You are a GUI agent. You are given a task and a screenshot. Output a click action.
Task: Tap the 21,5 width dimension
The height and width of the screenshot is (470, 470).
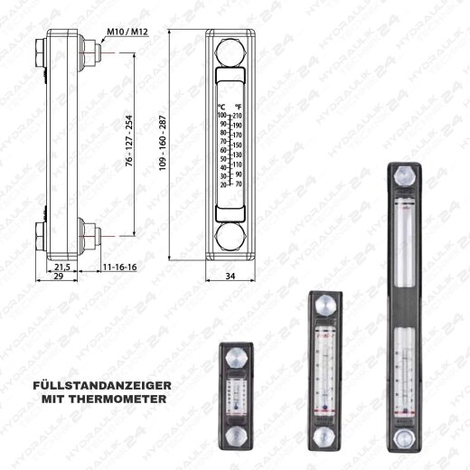coord(62,268)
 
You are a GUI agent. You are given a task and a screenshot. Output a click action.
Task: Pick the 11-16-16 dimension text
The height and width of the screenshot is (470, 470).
coord(118,268)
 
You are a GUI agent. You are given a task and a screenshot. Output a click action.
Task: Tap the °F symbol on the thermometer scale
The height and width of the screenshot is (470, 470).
coord(238,107)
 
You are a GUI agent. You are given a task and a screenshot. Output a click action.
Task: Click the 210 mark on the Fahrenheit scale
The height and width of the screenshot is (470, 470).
coord(239,116)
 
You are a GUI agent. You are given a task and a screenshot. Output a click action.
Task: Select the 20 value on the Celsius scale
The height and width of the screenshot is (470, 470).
coord(222,184)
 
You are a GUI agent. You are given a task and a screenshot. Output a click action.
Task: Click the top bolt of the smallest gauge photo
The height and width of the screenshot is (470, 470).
coord(237,355)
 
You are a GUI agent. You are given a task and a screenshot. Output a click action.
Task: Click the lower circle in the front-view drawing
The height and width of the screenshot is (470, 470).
coord(230,237)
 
